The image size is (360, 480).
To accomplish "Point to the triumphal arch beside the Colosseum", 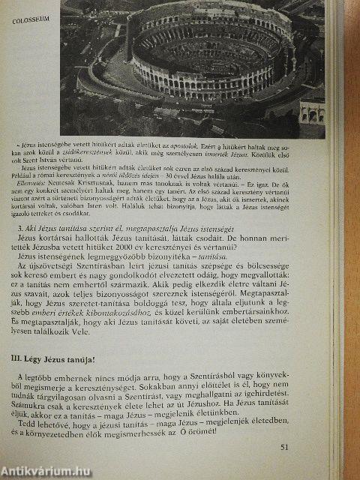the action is coord(310,111).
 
